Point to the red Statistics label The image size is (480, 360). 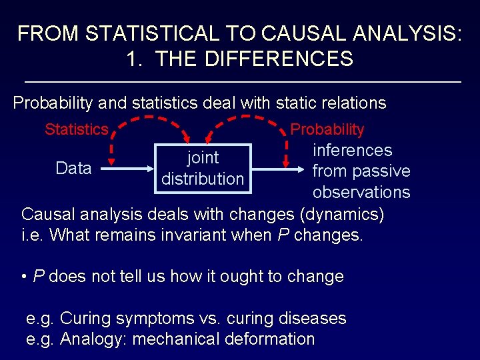[76, 129]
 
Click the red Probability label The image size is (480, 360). [327, 129]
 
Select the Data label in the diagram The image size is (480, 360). [73, 169]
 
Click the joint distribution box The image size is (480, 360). [203, 168]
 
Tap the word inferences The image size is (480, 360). [352, 151]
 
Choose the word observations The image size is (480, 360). [361, 192]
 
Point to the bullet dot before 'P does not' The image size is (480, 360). [24, 277]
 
